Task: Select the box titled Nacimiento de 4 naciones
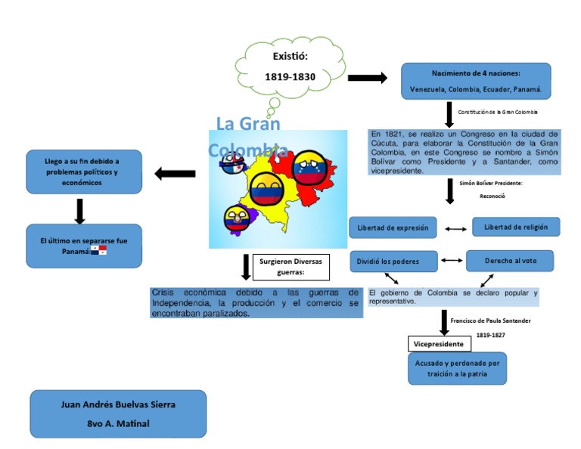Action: (476, 81)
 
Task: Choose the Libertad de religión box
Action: (516, 227)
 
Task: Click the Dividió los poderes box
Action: (393, 262)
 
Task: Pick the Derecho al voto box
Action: (510, 261)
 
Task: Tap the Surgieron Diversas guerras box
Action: (290, 266)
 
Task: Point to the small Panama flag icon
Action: (98, 250)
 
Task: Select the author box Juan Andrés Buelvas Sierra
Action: (118, 413)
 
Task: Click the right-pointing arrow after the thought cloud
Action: (367, 78)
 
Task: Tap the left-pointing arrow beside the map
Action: (175, 175)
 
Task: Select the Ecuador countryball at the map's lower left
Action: (237, 218)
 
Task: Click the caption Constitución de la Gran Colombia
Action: (498, 112)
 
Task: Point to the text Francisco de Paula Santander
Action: (490, 320)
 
